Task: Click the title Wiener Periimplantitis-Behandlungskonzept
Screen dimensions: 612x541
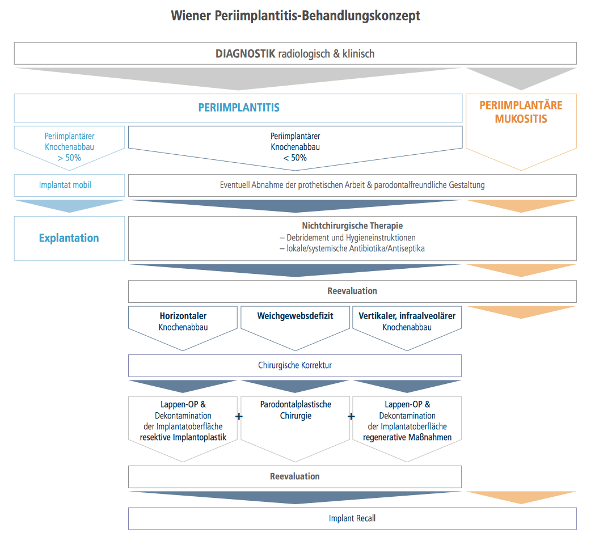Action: pos(296,16)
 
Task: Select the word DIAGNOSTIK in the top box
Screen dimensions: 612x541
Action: pos(246,53)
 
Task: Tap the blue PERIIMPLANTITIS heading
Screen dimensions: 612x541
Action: pos(239,107)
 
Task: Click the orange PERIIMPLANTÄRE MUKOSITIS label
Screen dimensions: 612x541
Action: pos(521,112)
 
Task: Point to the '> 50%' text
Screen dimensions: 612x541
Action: pos(69,158)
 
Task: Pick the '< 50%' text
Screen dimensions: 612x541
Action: pos(295,158)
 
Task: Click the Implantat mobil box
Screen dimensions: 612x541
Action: pos(69,185)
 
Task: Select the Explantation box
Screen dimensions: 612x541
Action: pos(69,239)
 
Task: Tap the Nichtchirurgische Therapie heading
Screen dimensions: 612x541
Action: pos(352,226)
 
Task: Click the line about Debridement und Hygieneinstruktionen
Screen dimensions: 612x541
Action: pos(347,237)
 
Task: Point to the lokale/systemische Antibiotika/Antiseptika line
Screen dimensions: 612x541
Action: pos(352,248)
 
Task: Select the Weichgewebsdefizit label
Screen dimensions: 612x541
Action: pos(295,316)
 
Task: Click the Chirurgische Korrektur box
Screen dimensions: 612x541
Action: pos(295,366)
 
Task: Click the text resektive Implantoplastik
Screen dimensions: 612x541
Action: pos(183,437)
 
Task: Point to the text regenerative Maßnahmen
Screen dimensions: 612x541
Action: pos(407,437)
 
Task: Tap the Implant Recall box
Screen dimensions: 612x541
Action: pos(352,519)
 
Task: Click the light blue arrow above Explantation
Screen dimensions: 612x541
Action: pos(69,206)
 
